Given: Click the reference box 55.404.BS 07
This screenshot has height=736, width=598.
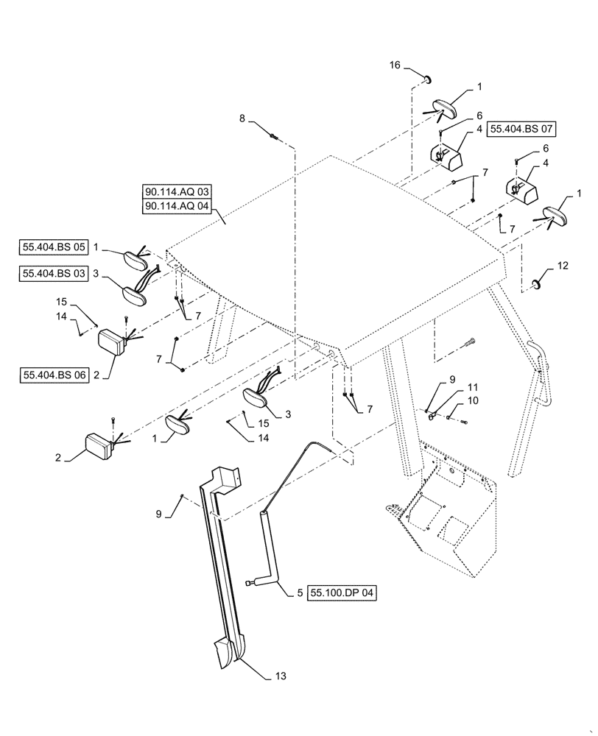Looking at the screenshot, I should click(521, 129).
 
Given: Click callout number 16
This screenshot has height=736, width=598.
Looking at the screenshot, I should click(395, 66).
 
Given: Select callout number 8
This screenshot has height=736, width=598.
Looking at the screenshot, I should click(242, 118).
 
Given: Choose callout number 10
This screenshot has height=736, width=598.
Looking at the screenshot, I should click(473, 400).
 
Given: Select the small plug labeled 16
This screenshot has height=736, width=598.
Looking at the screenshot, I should click(427, 78).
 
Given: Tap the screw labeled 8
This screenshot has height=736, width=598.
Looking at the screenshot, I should click(274, 135).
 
